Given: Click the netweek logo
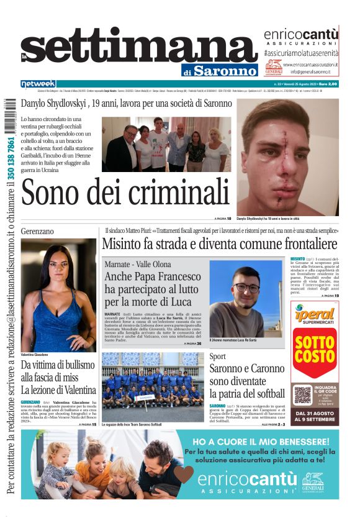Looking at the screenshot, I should pos(38,84).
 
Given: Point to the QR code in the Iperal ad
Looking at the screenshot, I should pos(302,395).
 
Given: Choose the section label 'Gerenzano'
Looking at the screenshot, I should pos(37,231).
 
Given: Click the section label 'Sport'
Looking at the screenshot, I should pos(217,357).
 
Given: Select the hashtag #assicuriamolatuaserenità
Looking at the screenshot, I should pos(301,54).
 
